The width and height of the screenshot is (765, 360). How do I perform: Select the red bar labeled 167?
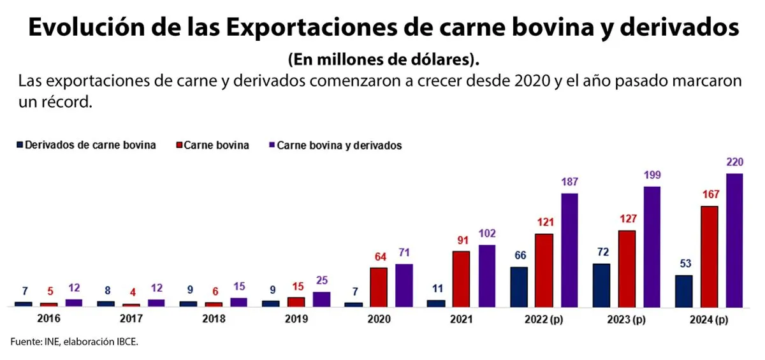pyautogui.click(x=709, y=256)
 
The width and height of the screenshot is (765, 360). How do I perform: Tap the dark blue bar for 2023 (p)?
pyautogui.click(x=601, y=285)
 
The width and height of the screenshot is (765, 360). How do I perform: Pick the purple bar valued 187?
pyautogui.click(x=569, y=250)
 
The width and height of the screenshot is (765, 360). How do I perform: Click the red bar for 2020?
pyautogui.click(x=379, y=287)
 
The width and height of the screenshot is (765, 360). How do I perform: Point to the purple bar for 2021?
pyautogui.click(x=486, y=275)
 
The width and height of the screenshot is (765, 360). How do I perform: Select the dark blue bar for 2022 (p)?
pyautogui.click(x=519, y=286)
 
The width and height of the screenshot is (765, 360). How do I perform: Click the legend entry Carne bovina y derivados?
pyautogui.click(x=339, y=145)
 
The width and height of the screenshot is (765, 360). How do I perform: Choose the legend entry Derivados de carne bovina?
pyautogui.click(x=90, y=145)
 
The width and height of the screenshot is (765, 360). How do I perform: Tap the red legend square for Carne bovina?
pyautogui.click(x=179, y=145)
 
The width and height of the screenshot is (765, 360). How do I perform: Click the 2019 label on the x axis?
pyautogui.click(x=296, y=319)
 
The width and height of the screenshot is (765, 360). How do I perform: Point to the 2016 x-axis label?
pyautogui.click(x=48, y=319)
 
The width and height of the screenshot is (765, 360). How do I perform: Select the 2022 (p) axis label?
pyautogui.click(x=544, y=319)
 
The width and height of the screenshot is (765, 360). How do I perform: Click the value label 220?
pyautogui.click(x=734, y=162)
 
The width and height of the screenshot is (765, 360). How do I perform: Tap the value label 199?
pyautogui.click(x=652, y=175)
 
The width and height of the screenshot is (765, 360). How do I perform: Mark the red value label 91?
pyautogui.click(x=461, y=240)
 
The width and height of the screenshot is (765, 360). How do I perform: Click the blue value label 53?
pyautogui.click(x=683, y=264)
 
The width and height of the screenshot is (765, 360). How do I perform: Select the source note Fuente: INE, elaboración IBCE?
pyautogui.click(x=75, y=342)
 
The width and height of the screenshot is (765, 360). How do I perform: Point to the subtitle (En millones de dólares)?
pyautogui.click(x=382, y=59)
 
